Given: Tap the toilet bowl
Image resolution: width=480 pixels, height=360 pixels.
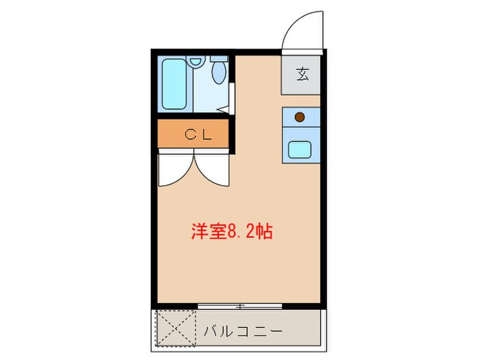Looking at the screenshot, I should point(220,72).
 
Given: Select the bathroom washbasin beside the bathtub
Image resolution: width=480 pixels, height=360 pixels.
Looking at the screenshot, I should point(196,62).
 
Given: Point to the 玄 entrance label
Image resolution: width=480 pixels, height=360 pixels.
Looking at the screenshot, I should point(302,75).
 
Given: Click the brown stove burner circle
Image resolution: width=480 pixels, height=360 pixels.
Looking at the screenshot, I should point(300,117).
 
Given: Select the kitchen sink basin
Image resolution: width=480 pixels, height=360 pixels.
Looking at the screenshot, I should point(300,149).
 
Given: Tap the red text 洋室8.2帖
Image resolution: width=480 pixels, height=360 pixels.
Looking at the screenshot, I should point(232,231).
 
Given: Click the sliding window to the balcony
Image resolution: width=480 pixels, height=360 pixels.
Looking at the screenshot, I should point(239,304).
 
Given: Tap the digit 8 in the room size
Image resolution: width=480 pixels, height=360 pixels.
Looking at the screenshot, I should point(232,232).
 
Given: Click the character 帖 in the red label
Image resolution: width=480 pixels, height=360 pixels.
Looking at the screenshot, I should point(265,231).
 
